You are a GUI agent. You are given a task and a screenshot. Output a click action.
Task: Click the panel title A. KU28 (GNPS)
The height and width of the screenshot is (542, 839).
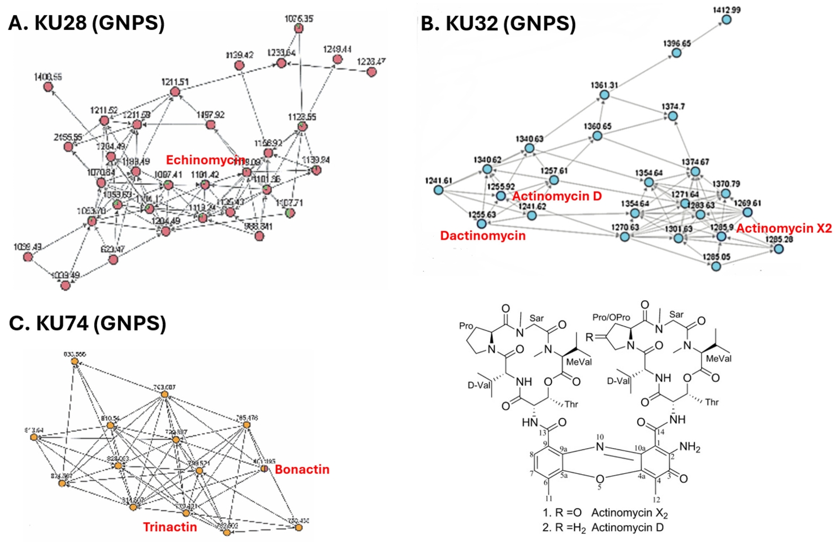click(x=87, y=23)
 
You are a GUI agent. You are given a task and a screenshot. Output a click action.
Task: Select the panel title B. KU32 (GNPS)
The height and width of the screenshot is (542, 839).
click(x=498, y=23)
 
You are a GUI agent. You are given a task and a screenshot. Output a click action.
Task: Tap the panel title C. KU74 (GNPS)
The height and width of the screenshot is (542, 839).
click(x=88, y=323)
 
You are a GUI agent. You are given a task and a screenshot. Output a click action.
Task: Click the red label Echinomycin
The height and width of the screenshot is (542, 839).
click(x=205, y=161)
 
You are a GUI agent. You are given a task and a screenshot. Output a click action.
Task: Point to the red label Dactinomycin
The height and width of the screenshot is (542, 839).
click(x=483, y=236)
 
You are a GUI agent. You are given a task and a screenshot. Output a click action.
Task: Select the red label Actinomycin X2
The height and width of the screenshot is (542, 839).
click(x=784, y=228)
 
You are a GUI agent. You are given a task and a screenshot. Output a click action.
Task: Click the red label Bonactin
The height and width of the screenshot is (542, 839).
click(x=302, y=470)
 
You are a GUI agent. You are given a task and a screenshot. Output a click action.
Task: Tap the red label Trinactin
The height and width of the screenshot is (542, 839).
click(x=170, y=527)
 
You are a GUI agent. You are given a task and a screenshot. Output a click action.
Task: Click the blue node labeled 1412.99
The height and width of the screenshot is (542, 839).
click(x=726, y=20)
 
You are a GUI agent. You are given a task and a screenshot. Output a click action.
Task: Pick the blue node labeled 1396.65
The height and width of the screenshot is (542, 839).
click(x=677, y=53)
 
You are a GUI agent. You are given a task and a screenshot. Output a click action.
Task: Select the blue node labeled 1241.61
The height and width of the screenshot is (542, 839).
click(x=439, y=190)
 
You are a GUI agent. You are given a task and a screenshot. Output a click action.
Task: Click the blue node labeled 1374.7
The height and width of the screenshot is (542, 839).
click(x=673, y=116)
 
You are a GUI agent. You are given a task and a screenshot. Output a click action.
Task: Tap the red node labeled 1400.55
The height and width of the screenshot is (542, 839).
click(x=49, y=86)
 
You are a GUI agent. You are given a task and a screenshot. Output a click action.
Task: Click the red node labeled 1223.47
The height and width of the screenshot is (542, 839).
click(x=371, y=72)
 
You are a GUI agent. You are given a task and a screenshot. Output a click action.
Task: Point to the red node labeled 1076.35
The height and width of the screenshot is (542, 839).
click(x=299, y=28)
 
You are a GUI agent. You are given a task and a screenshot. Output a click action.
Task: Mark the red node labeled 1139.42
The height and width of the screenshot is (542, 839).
click(x=239, y=66)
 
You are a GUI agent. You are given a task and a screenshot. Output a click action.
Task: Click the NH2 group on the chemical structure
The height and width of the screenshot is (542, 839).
click(x=689, y=448)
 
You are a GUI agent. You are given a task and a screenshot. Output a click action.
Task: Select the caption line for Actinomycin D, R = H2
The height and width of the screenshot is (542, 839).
click(x=603, y=528)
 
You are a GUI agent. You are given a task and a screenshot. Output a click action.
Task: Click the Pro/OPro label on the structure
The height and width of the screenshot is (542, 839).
click(x=611, y=318)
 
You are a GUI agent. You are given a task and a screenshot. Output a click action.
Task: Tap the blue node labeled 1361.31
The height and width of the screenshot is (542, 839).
click(x=604, y=95)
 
